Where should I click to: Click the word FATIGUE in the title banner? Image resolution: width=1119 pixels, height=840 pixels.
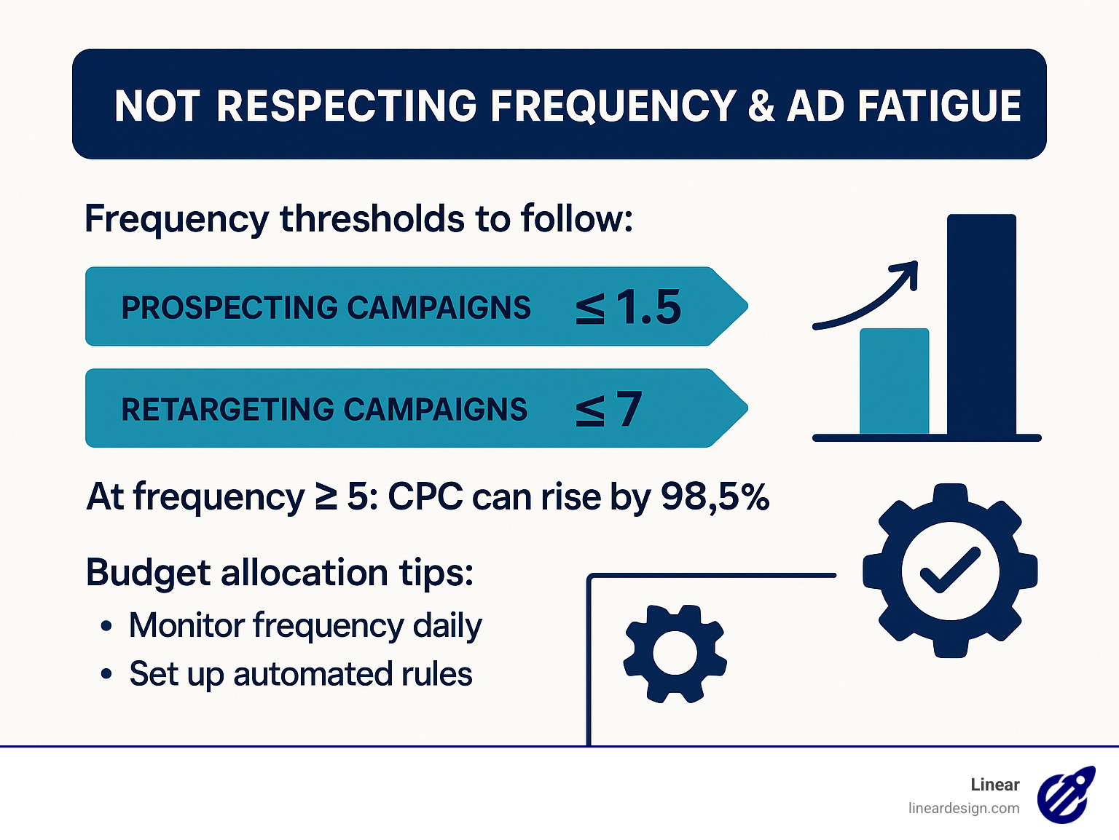tap(939, 106)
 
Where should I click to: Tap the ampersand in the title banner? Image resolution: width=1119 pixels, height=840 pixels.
tap(761, 106)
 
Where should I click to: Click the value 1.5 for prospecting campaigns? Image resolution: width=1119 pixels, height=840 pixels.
tap(648, 307)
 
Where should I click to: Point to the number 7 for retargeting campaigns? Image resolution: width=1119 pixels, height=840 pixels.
tap(629, 409)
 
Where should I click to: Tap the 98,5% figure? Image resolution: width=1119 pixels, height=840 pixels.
tap(715, 497)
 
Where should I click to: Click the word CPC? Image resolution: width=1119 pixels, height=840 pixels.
tap(425, 497)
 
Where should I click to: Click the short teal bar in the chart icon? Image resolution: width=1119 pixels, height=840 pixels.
tap(894, 381)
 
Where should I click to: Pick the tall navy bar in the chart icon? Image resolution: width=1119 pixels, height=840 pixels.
tap(981, 325)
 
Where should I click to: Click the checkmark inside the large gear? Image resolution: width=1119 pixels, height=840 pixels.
tap(950, 570)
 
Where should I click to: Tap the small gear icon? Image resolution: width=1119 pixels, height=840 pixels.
tap(675, 653)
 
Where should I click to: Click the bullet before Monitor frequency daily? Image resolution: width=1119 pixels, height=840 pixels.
tap(107, 626)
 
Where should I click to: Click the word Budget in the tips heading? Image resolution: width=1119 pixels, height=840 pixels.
tap(148, 573)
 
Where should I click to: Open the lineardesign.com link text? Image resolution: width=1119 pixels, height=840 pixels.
tap(963, 808)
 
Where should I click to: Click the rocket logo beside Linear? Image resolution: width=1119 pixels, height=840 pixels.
tap(1066, 795)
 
